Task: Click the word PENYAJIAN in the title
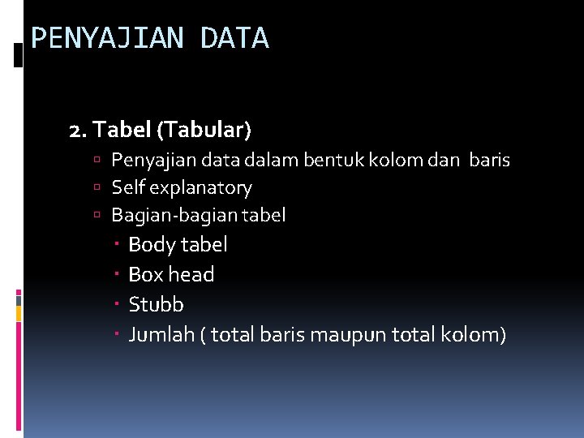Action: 106,38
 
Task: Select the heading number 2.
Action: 78,129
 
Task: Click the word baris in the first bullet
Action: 489,160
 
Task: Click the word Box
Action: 145,274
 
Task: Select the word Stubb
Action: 157,304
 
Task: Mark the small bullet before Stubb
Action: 118,304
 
